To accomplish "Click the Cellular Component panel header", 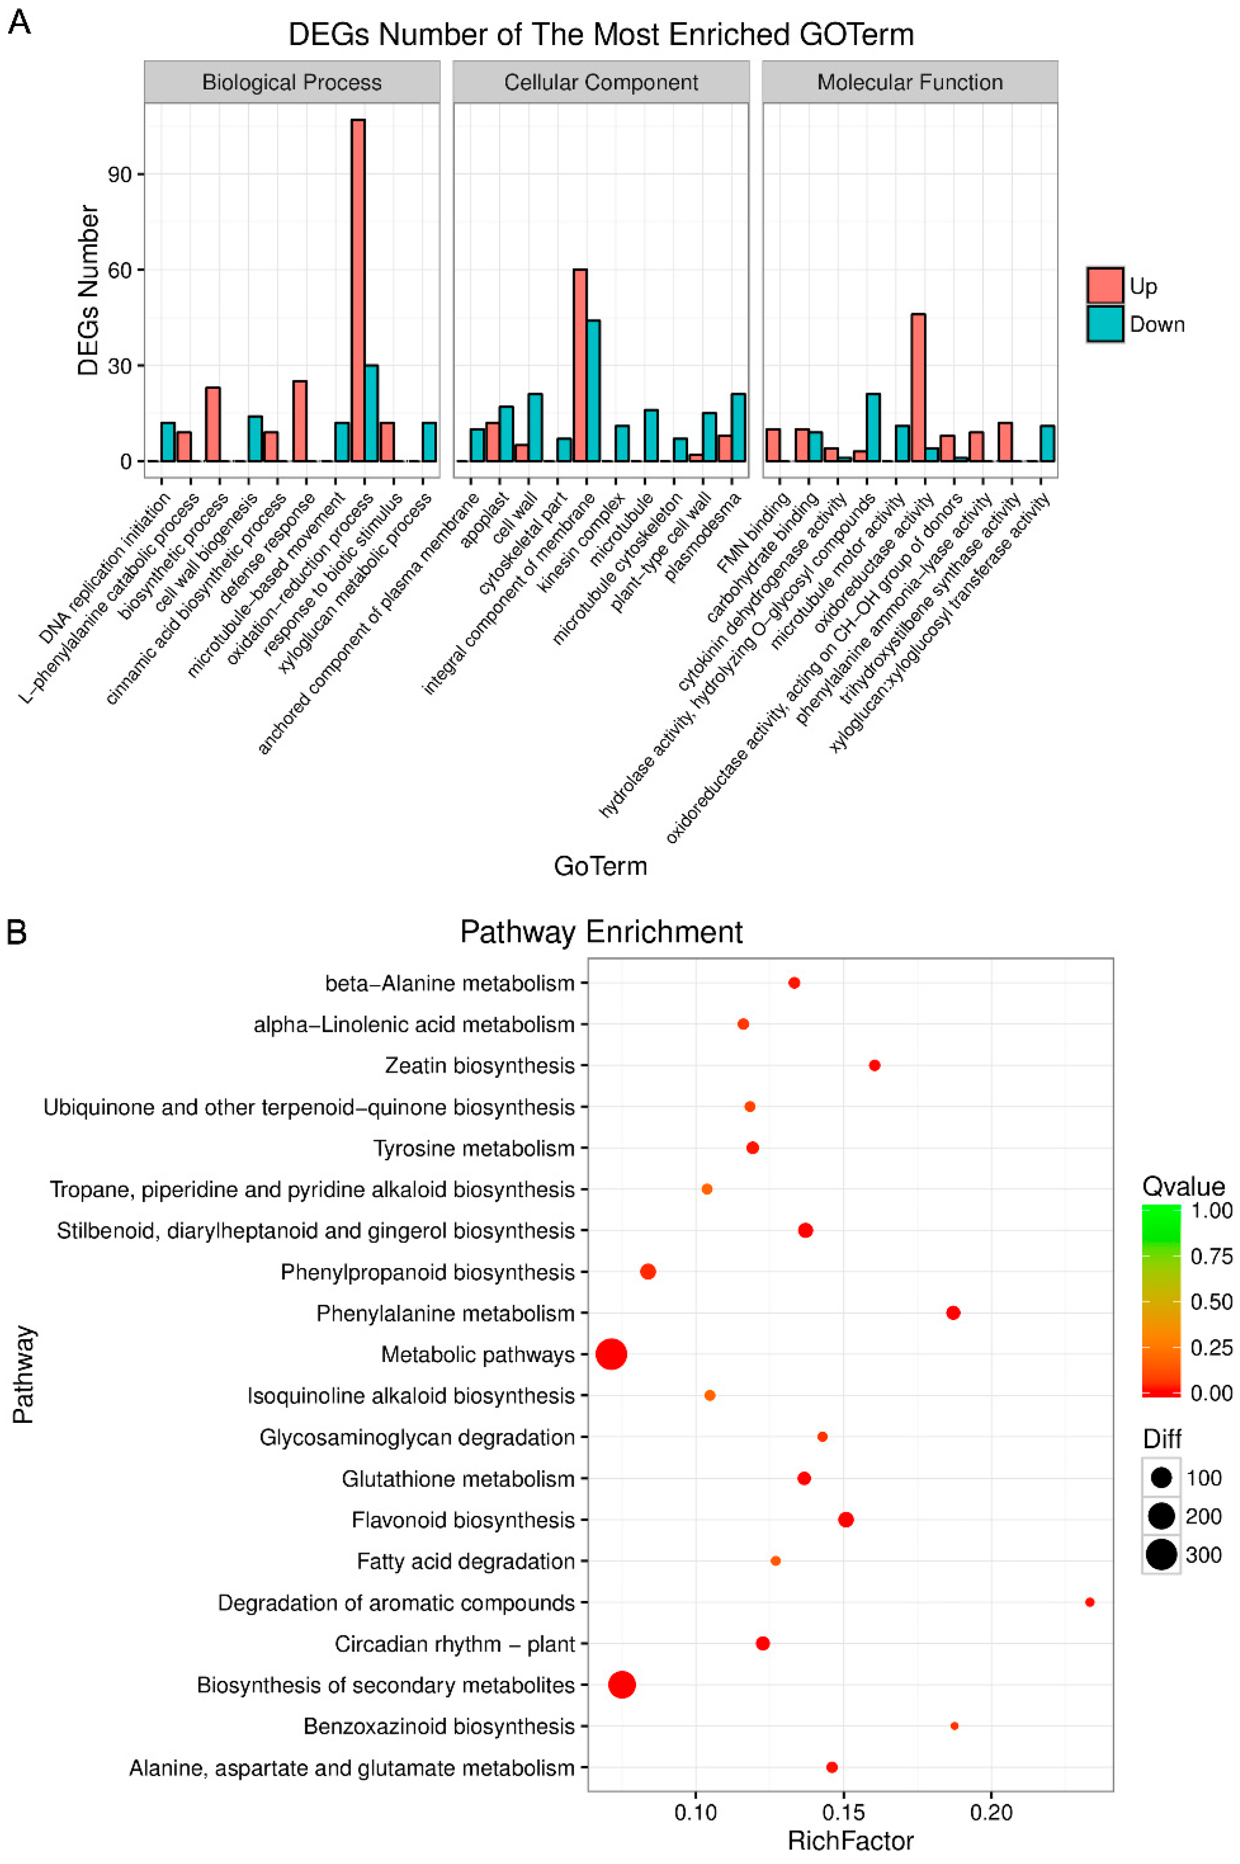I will [x=601, y=82].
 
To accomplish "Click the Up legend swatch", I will [x=1105, y=285].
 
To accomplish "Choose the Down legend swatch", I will [x=1105, y=324].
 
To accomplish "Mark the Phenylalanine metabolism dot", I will [x=953, y=1313].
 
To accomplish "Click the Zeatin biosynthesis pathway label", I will [x=479, y=1066].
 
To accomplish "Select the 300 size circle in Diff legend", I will [x=1161, y=1555].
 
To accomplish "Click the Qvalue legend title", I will [x=1183, y=1186].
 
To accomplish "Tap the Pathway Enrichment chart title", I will [x=601, y=932].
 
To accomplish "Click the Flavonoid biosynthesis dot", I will [x=846, y=1519].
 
